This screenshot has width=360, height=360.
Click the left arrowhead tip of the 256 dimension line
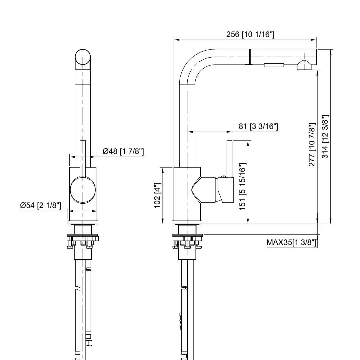coord(174,40)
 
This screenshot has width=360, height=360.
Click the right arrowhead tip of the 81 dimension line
coord(232,132)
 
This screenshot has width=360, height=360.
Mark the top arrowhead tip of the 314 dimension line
coord(331,50)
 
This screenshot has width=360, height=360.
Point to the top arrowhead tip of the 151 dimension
coord(248,141)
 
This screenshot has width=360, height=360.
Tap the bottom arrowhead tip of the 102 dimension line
coord(163,224)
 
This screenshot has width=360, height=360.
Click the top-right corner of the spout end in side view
coord(316,49)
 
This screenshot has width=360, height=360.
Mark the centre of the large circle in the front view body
coord(83,190)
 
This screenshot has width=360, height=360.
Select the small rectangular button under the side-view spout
coord(274,65)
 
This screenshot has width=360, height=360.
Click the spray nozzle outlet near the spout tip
coord(304,65)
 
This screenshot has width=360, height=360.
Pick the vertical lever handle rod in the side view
coord(230,158)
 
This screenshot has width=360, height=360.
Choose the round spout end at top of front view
coord(83,57)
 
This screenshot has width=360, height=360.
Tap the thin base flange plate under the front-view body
coord(83,222)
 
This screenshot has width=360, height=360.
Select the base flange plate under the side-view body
coord(187,222)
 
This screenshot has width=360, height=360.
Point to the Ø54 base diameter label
coord(41,205)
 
